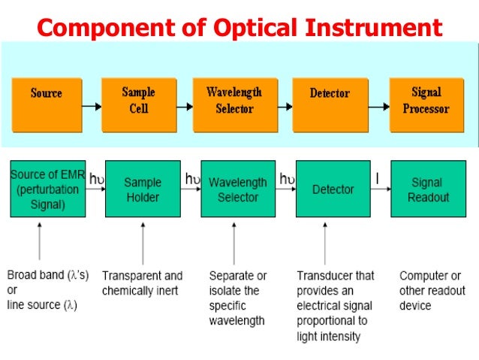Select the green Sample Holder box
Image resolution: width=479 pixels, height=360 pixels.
tap(143, 189)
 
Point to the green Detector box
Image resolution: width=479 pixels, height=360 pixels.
tap(333, 189)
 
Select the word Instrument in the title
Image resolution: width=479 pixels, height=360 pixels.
tap(375, 28)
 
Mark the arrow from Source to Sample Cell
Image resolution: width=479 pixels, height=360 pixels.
tap(92, 106)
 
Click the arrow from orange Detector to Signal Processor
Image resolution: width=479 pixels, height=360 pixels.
tap(378, 106)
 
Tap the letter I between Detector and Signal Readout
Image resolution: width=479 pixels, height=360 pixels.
tap(378, 178)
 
